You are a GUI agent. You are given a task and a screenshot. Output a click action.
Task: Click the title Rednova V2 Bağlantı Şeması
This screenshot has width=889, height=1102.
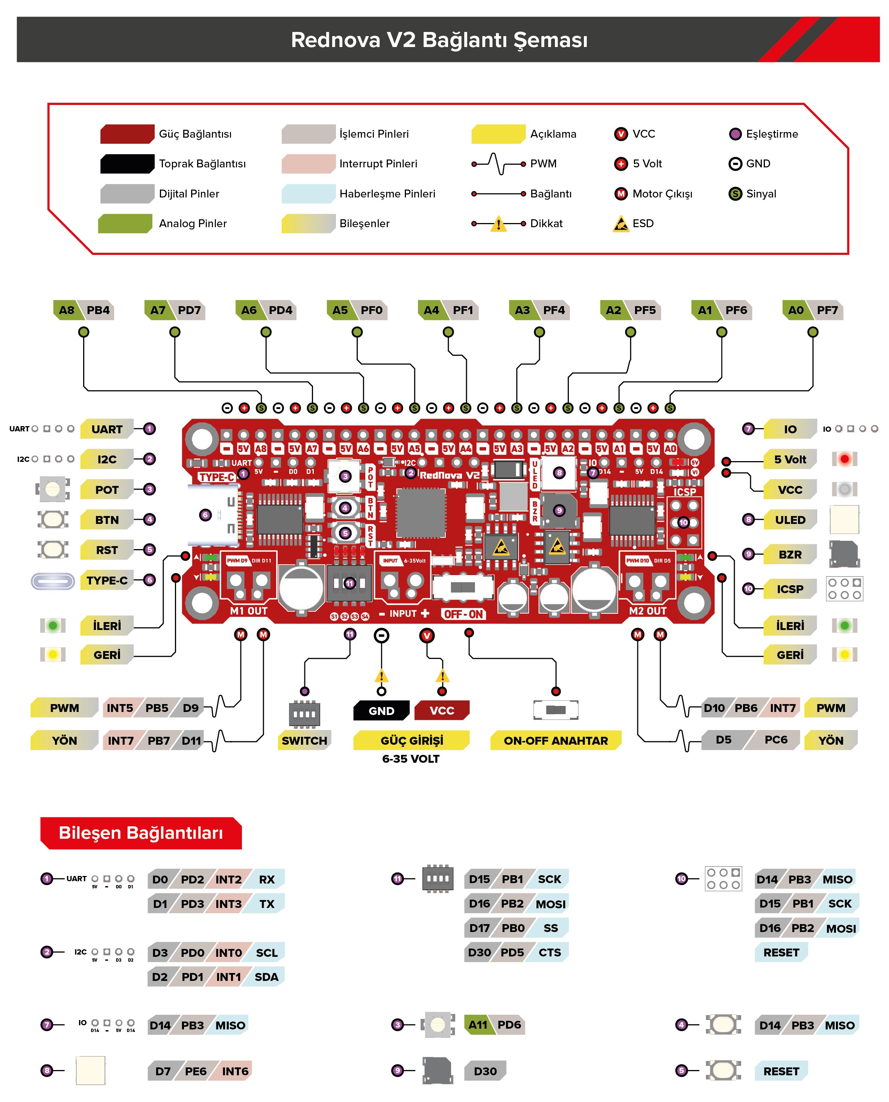point(439,40)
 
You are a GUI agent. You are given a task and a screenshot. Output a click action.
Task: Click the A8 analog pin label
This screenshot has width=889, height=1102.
point(67,310)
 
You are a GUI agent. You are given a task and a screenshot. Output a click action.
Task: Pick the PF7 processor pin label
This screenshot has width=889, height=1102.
point(827,310)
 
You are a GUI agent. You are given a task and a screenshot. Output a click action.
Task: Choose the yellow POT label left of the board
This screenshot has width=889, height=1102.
point(106,490)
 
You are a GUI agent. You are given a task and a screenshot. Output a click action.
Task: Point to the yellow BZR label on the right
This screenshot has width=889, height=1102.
point(789,554)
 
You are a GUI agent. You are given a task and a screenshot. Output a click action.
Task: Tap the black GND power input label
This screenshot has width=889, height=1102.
point(381,710)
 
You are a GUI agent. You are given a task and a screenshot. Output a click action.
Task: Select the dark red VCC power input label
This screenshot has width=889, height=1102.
point(441,710)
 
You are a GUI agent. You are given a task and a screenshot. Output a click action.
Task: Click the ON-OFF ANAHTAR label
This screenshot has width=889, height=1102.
point(556,741)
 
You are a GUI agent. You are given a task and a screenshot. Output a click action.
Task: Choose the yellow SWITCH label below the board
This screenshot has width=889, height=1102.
point(304,741)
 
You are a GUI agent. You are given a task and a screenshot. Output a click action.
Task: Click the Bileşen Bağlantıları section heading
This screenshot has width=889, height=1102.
point(141,833)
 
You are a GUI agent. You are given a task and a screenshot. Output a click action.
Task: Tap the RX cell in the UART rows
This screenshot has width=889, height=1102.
point(267,879)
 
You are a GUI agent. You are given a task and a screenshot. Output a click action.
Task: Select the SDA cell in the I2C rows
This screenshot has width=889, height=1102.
point(266,977)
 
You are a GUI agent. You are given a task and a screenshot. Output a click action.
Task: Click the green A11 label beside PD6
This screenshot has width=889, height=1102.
point(478,1025)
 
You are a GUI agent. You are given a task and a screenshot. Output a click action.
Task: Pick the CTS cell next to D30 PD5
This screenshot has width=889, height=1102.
point(550,953)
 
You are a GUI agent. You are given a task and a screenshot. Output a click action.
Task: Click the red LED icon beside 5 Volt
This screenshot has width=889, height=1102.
point(845,459)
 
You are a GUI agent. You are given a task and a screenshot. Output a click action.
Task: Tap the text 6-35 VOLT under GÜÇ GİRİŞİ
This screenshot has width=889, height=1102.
point(411,759)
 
